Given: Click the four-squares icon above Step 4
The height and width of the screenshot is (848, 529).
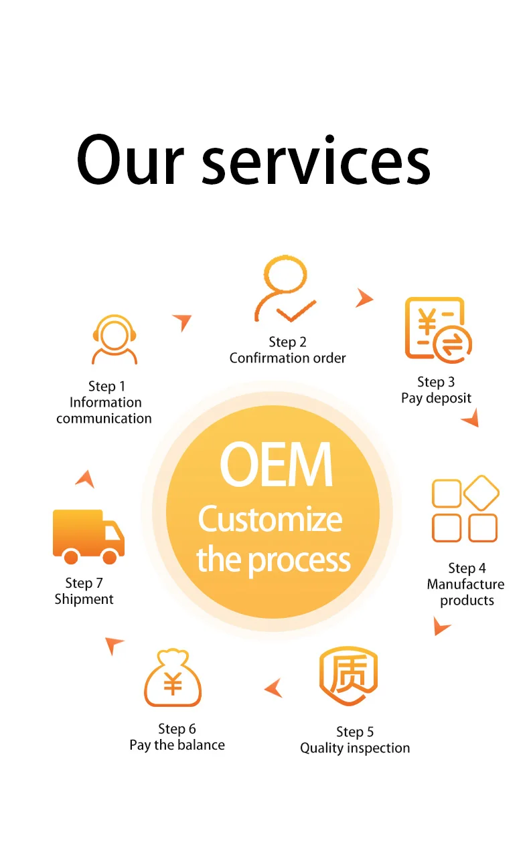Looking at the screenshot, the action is tap(465, 509).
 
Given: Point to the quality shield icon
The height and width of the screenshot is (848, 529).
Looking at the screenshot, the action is tap(348, 676).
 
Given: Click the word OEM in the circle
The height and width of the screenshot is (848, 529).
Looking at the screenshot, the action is tap(275, 465).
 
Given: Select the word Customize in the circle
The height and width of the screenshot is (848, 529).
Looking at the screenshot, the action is tap(270, 520).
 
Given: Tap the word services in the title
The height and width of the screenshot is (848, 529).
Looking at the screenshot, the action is tap(316, 160).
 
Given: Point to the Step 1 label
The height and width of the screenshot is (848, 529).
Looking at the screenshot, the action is tap(106, 386).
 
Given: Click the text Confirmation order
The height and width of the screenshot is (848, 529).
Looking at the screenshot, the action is tap(287, 358).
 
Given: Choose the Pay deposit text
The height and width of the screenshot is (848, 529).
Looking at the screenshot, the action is tap(436, 398).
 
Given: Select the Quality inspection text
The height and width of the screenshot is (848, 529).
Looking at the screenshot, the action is tap(354, 748).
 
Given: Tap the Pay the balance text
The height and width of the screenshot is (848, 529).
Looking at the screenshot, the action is tap(177, 745).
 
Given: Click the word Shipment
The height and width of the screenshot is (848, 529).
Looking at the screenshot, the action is tap(84, 599).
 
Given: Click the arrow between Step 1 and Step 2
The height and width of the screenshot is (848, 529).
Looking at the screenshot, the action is tap(182, 322).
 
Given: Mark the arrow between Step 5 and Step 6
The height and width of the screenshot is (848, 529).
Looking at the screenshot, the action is tap(274, 687).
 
